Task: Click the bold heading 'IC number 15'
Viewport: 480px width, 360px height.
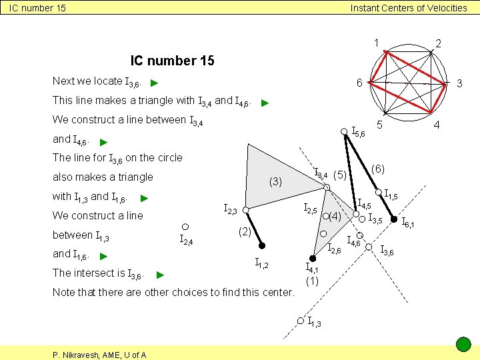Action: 172,61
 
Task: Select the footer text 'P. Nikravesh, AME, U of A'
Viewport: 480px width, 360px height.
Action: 100,355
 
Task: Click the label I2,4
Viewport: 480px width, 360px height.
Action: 186,240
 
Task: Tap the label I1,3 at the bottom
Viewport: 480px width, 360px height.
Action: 315,323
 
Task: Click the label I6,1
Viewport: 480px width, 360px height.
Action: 407,223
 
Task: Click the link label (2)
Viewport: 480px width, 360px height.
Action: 245,232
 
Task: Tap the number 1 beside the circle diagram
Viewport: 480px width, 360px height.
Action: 377,43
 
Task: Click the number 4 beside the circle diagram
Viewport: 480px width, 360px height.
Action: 437,125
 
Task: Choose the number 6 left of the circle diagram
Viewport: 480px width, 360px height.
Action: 359,83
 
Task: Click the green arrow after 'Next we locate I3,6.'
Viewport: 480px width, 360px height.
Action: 154,84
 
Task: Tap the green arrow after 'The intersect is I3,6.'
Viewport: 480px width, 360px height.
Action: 160,275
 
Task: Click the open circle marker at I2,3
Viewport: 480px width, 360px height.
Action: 245,211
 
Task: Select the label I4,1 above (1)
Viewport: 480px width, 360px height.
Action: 312,268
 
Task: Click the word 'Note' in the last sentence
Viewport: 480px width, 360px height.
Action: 64,292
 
